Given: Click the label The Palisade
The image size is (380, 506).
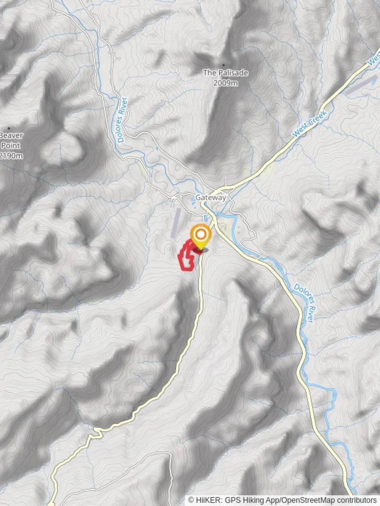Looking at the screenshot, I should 225,73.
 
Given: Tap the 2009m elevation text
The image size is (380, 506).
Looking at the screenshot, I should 225,83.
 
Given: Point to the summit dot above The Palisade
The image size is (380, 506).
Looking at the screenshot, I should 223,65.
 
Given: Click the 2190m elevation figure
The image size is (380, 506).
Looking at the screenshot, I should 11,156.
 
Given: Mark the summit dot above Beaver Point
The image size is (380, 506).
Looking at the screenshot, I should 8,127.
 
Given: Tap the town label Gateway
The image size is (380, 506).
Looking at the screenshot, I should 211,198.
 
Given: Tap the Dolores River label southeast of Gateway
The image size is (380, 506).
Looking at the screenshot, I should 304,303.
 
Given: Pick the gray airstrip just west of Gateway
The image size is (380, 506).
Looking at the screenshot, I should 176,222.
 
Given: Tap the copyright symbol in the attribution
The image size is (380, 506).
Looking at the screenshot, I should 191,500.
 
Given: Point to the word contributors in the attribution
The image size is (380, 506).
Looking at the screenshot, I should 359,500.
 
